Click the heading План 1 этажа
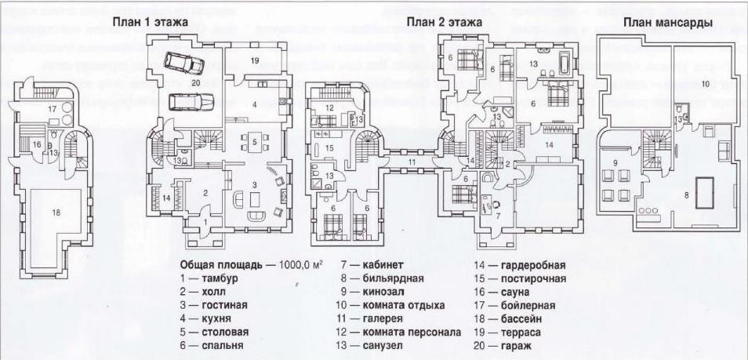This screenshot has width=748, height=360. click(150, 23)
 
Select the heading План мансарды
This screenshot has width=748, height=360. click(667, 23)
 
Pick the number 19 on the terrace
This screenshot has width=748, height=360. click(256, 60)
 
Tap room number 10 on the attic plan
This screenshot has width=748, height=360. click(705, 82)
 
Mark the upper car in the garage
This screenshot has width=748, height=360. click(183, 62)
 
